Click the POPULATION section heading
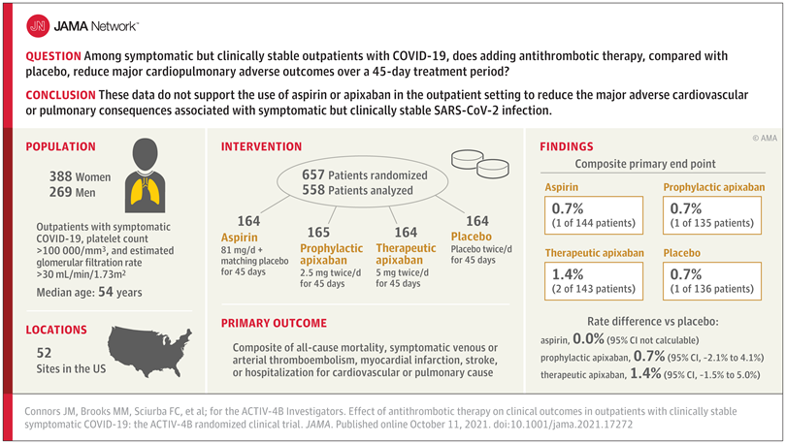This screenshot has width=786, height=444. (60, 147)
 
